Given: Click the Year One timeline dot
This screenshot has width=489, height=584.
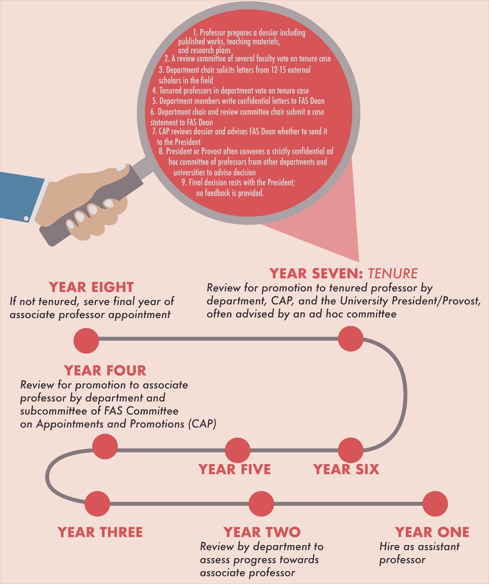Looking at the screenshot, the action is (x=435, y=503).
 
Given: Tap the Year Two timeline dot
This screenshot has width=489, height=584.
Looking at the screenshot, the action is (x=261, y=503).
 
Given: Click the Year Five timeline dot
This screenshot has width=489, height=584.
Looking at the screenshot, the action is (x=238, y=450).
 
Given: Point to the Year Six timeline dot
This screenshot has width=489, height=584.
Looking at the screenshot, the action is (x=351, y=450).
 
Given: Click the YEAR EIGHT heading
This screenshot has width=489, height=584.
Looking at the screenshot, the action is (x=91, y=287).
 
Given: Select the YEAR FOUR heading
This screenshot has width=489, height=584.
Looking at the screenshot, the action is (x=105, y=371).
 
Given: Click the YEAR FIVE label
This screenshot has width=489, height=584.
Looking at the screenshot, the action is (x=234, y=470).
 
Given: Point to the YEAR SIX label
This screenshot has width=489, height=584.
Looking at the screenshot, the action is (x=346, y=470).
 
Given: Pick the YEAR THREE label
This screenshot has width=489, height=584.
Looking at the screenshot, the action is (x=100, y=532).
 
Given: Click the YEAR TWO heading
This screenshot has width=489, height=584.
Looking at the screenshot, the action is (x=262, y=532).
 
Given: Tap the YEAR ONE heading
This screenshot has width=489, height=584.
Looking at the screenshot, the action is (x=432, y=532).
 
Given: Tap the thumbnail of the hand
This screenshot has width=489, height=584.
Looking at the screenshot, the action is (x=120, y=167).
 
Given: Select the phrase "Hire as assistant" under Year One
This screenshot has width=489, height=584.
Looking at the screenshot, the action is (x=419, y=547).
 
